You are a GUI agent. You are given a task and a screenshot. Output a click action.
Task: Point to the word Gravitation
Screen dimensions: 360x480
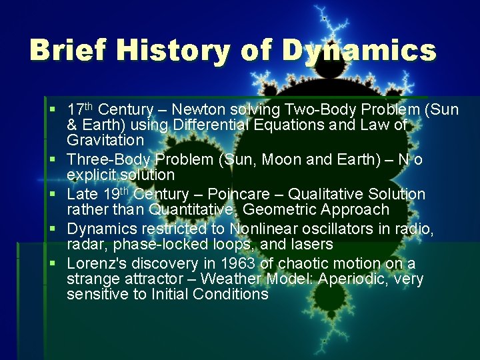[x=105, y=141]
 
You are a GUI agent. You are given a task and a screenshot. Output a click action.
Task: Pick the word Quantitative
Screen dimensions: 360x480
[x=193, y=210]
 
